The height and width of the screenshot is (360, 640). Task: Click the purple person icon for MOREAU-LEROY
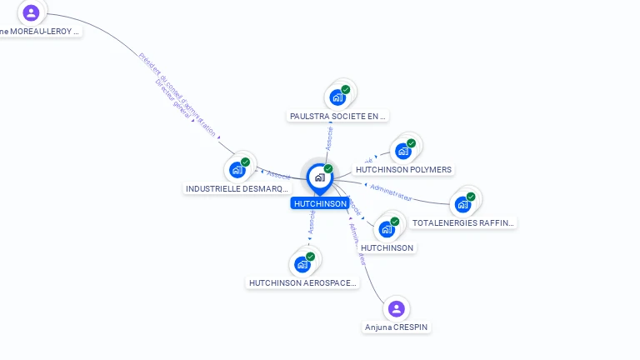click(31, 12)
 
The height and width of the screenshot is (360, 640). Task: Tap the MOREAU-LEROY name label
click(40, 32)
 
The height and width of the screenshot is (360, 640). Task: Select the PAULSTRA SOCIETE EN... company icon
click(337, 97)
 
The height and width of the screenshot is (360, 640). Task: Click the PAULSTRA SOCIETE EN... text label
click(338, 117)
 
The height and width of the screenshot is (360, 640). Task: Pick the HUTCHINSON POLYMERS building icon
click(403, 151)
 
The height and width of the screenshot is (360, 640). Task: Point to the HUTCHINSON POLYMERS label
click(403, 170)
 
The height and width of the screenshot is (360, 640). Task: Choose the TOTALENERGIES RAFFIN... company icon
click(462, 204)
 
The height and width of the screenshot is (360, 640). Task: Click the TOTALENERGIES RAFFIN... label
click(463, 223)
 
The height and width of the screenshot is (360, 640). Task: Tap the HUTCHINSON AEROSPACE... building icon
click(302, 264)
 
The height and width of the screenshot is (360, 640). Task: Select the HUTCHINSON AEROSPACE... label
click(303, 283)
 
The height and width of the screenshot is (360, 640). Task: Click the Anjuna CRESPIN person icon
click(396, 309)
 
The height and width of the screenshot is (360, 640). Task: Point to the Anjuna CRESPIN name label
click(397, 327)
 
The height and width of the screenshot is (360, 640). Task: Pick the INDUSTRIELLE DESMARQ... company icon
click(237, 169)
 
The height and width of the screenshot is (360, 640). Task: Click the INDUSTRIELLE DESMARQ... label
click(237, 189)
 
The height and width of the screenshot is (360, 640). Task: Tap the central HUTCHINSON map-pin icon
click(319, 177)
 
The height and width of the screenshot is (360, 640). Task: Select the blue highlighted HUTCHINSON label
click(320, 203)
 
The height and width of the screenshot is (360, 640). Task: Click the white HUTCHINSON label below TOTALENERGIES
click(387, 247)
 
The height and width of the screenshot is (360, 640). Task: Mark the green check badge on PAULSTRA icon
click(346, 89)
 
